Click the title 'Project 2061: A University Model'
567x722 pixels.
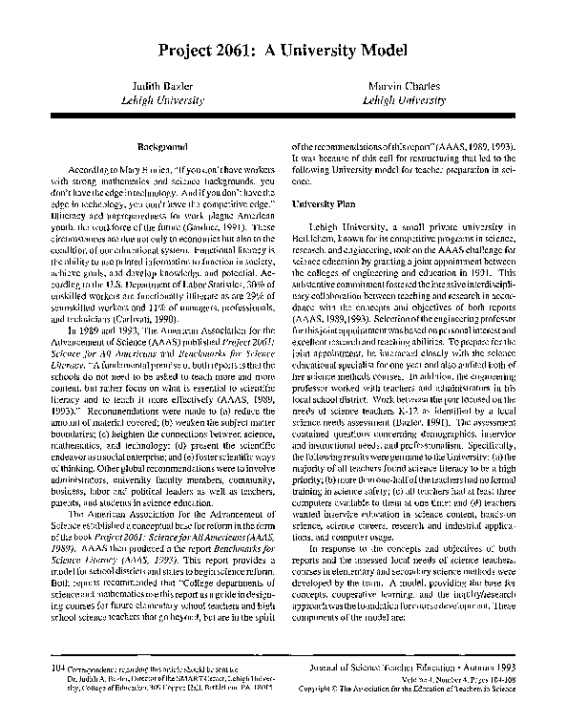coord(283,50)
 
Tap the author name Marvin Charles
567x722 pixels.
coord(404,86)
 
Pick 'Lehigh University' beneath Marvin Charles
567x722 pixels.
coord(404,98)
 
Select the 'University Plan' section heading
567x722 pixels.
coord(325,203)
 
